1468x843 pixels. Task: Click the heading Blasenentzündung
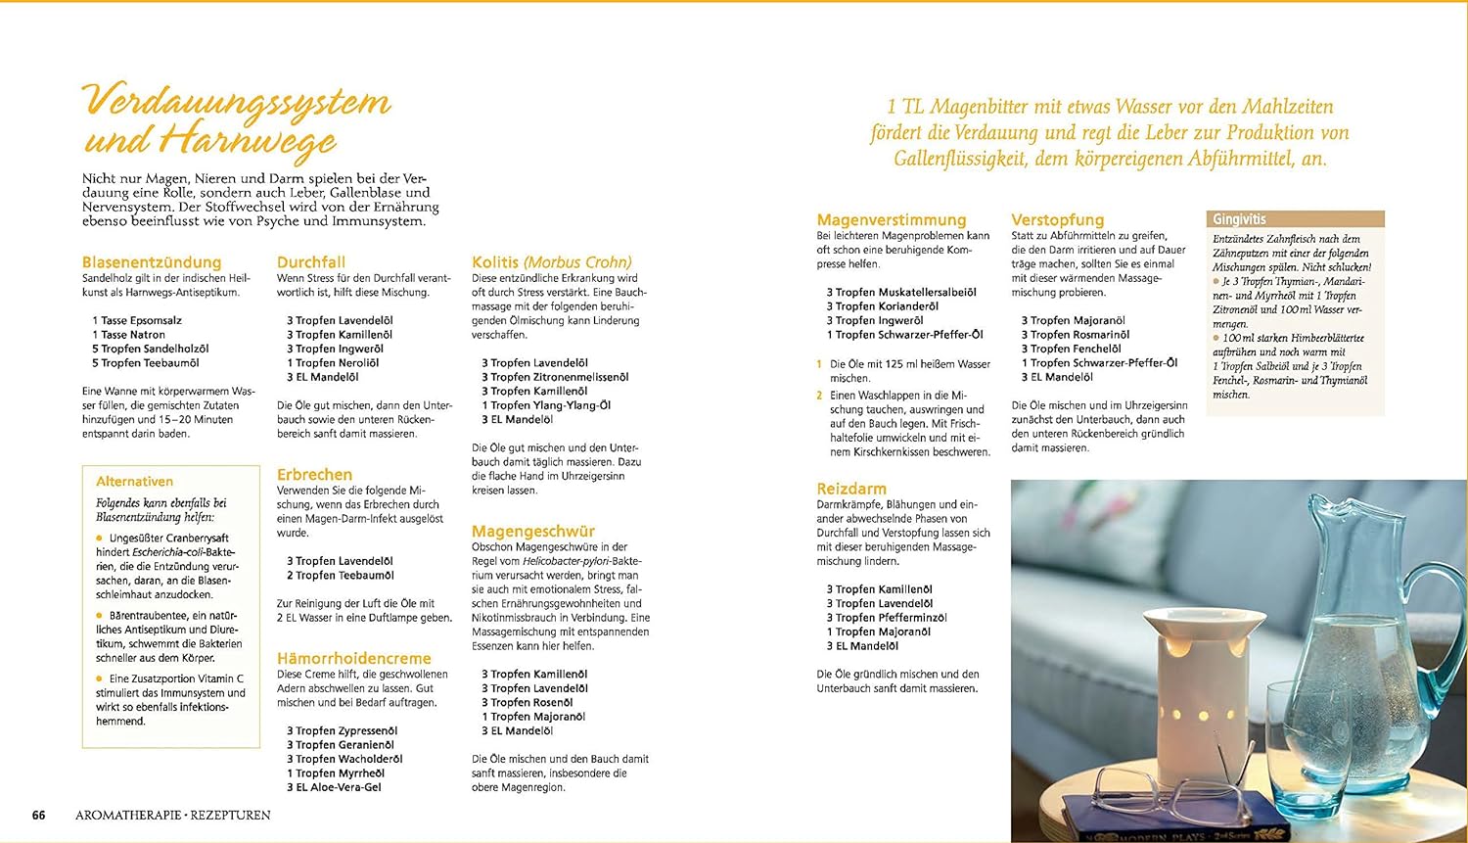[x=152, y=262]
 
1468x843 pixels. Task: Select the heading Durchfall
[x=311, y=262]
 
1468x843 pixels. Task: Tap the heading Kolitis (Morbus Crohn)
[x=552, y=262]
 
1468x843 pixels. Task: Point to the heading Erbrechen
[x=314, y=474]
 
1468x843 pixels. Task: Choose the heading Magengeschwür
[x=533, y=532]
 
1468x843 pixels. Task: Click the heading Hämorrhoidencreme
[x=353, y=659]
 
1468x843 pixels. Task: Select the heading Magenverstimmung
[x=892, y=220]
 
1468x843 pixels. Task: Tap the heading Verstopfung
[x=1058, y=220]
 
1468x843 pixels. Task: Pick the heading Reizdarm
[x=851, y=489]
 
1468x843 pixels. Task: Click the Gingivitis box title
[x=1239, y=219]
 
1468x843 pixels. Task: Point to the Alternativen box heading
[x=134, y=482]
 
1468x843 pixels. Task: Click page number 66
[x=39, y=815]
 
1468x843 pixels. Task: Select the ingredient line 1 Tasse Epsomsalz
[x=137, y=320]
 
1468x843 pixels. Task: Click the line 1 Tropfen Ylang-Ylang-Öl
[x=546, y=405]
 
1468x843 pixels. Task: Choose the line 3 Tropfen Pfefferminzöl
[x=886, y=618]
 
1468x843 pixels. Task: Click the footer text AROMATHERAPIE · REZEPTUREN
[x=173, y=815]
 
